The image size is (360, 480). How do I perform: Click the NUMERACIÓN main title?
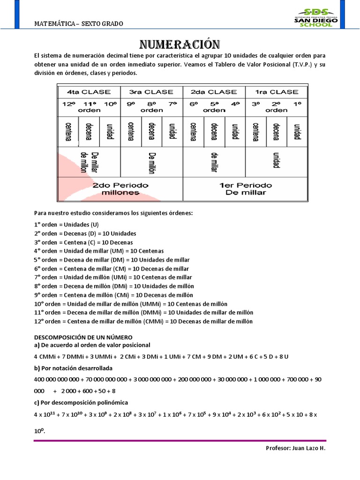tap(180, 45)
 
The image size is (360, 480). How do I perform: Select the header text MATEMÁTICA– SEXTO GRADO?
tap(79, 24)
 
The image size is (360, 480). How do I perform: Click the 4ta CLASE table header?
tap(89, 92)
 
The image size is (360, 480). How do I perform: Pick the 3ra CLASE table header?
tap(151, 92)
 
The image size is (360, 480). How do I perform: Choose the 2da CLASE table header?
tap(214, 92)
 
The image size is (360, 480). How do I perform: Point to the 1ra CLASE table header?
tap(276, 92)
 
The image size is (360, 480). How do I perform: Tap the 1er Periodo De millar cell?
tap(245, 189)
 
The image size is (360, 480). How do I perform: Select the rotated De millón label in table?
tap(151, 163)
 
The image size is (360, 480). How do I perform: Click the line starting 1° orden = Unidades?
tap(66, 225)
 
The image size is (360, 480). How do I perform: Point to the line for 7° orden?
tap(113, 277)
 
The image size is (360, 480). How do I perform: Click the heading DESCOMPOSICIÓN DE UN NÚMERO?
tap(83, 337)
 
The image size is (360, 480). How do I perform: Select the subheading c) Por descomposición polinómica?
tap(81, 403)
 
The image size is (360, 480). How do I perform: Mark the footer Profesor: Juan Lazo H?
tap(295, 448)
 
